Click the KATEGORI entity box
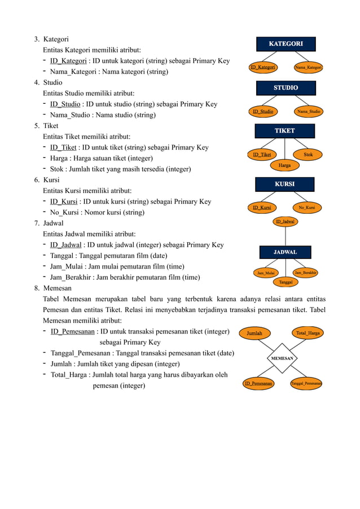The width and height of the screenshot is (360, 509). [x=286, y=44]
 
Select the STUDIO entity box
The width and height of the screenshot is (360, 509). [x=286, y=88]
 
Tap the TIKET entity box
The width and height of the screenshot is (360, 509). [x=284, y=131]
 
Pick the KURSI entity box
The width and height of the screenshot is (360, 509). [x=284, y=185]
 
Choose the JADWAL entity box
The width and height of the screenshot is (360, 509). [x=285, y=252]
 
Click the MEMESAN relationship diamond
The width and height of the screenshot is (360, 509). [x=282, y=358]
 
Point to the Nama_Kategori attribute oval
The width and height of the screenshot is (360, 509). [x=309, y=68]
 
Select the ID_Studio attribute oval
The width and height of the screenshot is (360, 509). [x=263, y=112]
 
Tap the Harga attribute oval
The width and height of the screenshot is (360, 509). [x=285, y=165]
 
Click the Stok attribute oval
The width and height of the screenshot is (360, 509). [x=308, y=154]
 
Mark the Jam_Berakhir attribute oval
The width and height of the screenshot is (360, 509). [x=306, y=273]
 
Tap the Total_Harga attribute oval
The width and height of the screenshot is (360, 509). [x=308, y=333]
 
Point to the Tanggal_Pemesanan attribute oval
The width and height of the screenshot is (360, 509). [x=306, y=384]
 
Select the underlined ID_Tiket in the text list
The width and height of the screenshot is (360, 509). [x=63, y=148]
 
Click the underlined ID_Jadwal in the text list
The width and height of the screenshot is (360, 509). [x=66, y=245]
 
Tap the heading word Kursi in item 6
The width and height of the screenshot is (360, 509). [x=51, y=180]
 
